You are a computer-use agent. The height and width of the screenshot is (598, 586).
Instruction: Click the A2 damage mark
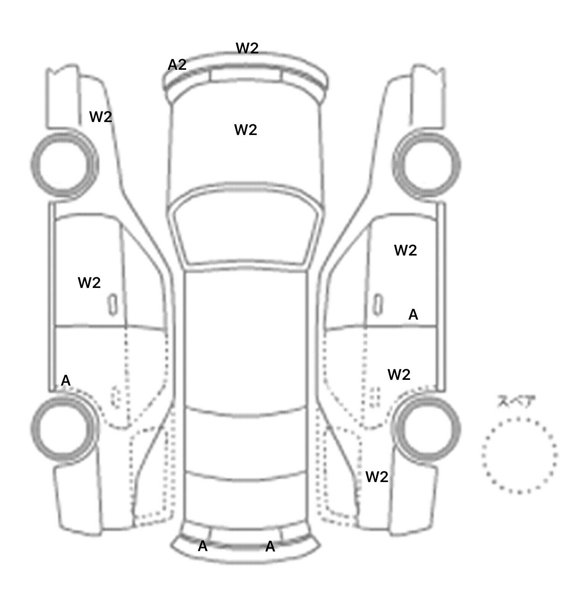177,65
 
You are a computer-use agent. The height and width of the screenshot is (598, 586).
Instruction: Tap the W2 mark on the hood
245,130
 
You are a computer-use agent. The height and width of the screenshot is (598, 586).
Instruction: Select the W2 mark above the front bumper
247,48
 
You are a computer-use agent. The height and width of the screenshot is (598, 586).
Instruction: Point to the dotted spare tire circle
519,455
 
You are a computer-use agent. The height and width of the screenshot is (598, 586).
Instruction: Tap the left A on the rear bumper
203,547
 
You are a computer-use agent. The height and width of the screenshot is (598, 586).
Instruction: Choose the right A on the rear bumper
270,547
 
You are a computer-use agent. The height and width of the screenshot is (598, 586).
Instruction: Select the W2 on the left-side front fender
101,117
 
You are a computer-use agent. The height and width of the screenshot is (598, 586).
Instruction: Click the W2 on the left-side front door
89,283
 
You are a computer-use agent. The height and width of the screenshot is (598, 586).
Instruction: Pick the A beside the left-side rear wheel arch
66,381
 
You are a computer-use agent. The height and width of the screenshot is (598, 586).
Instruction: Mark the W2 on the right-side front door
405,250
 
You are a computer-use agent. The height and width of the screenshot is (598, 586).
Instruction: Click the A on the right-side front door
413,315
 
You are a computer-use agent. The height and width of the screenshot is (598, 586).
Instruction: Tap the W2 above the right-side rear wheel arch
399,375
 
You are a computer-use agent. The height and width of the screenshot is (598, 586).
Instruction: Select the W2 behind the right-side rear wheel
377,477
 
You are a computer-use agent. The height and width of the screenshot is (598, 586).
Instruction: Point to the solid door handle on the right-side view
378,305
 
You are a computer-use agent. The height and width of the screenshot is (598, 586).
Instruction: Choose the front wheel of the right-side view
427,165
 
